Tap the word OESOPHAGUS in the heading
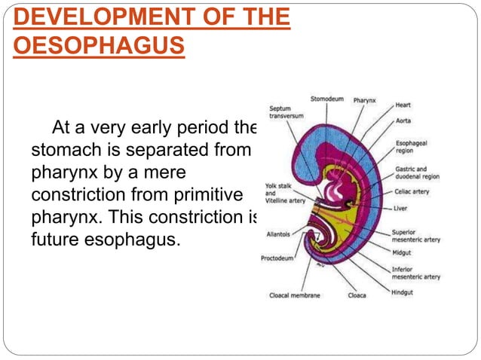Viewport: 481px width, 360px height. (x=98, y=47)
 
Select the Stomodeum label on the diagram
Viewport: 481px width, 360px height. (x=327, y=99)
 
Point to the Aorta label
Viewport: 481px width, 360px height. (x=403, y=121)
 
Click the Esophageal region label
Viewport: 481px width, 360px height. (x=413, y=146)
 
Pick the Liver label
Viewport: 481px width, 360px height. (x=401, y=208)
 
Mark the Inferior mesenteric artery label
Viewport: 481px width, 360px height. (x=415, y=273)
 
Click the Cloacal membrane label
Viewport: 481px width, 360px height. (x=294, y=295)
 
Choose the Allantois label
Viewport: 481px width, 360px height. (x=277, y=234)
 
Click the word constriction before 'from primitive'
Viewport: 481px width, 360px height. (x=77, y=194)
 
